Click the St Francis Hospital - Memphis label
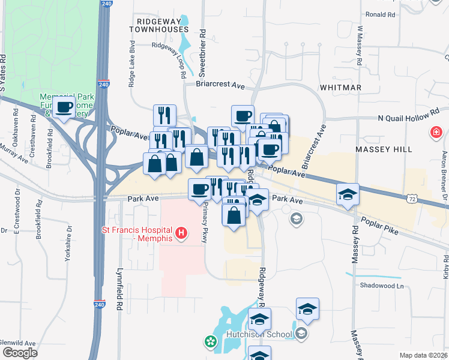[137, 234]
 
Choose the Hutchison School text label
[259, 334]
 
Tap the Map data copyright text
[423, 355]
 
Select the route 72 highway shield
[411, 197]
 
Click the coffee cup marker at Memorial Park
[64, 107]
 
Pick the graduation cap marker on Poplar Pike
[348, 195]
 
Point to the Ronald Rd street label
[384, 14]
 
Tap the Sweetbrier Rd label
[202, 54]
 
